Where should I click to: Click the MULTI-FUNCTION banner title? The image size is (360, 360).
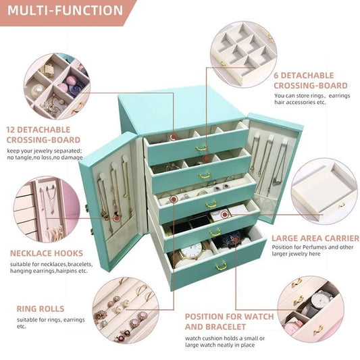click(66, 11)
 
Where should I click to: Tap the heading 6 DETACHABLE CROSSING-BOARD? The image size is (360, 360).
click(311, 80)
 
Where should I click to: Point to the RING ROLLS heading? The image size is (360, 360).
click(41, 309)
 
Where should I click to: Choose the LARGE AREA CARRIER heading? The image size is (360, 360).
click(315, 238)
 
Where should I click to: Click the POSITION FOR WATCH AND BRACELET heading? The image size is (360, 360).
click(230, 322)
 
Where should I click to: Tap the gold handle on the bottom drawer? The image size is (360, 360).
click(220, 267)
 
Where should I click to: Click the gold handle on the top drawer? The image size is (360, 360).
click(201, 148)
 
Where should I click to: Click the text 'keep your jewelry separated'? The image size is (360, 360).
click(45, 150)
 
